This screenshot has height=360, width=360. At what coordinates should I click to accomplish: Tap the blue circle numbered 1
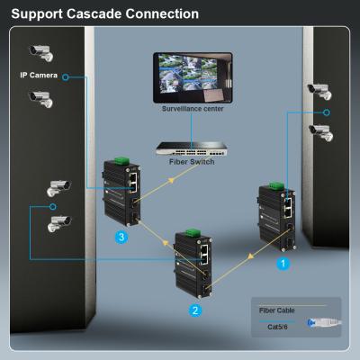(282, 265)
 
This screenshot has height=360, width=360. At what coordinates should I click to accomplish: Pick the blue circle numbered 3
(121, 237)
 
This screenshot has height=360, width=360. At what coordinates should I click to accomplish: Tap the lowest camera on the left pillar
(59, 220)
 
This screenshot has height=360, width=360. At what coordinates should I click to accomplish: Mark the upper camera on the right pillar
(319, 90)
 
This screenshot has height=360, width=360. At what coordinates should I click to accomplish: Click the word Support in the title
(38, 13)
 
